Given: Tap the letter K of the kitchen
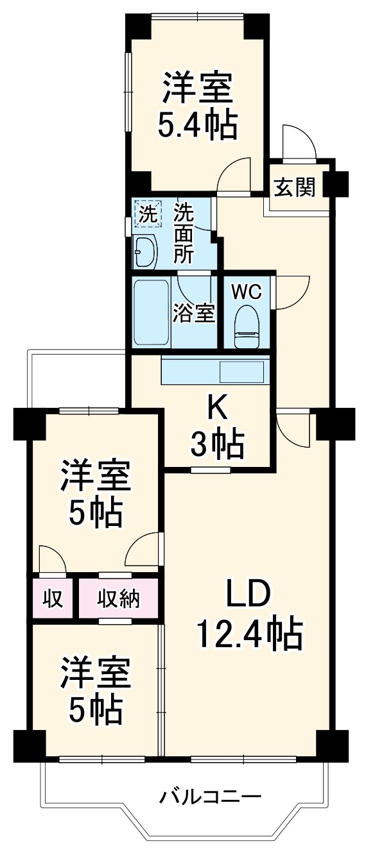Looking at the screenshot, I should (x=217, y=405).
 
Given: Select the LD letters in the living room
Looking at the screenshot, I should (x=247, y=595).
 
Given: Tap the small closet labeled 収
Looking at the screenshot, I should (x=53, y=598).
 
